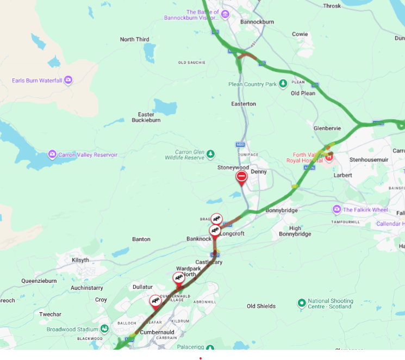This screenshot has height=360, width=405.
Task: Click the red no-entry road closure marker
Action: point(242,177)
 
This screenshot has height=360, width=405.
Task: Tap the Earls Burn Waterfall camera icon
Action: point(68,80)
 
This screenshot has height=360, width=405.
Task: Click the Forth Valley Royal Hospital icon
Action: point(329,157)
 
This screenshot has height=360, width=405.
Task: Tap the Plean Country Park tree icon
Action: point(283,84)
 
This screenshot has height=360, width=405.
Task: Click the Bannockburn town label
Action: point(257,22)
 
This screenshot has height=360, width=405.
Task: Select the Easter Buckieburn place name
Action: point(146,117)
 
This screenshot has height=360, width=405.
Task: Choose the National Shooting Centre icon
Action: point(302,303)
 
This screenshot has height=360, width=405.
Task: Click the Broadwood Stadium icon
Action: point(104,329)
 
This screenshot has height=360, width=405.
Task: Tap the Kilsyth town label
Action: point(80,260)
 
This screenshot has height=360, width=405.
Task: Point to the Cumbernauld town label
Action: point(157,332)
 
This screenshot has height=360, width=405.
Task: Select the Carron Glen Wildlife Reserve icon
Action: point(210,154)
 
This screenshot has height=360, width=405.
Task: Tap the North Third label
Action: point(134,40)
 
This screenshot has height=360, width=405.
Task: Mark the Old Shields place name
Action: point(261,306)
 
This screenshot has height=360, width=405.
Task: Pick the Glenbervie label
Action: point(327,128)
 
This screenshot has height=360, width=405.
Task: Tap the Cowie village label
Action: point(300,34)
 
